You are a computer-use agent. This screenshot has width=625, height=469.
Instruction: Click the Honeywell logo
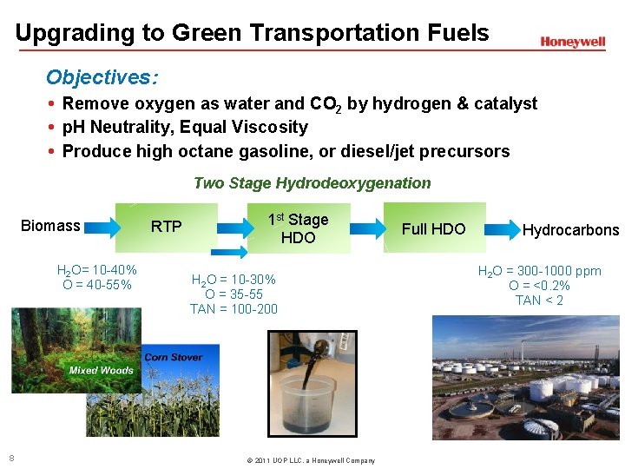pyautogui.click(x=572, y=42)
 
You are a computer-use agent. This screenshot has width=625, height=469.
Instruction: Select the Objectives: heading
pyautogui.click(x=102, y=77)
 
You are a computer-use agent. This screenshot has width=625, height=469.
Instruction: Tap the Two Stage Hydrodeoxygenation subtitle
pyautogui.click(x=312, y=182)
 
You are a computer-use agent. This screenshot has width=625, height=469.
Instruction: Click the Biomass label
pyautogui.click(x=50, y=226)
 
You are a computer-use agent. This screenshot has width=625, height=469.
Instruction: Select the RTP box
pyautogui.click(x=168, y=228)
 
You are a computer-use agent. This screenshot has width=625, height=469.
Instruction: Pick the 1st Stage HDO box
pyautogui.click(x=298, y=228)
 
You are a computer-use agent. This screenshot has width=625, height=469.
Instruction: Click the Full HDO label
pyautogui.click(x=433, y=229)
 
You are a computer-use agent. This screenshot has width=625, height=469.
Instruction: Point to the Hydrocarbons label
pyautogui.click(x=570, y=230)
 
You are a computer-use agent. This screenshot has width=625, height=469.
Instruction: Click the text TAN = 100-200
pyautogui.click(x=234, y=308)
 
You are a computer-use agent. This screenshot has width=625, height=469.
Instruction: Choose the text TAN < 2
pyautogui.click(x=539, y=301)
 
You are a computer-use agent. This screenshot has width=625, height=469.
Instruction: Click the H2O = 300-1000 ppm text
pyautogui.click(x=539, y=271)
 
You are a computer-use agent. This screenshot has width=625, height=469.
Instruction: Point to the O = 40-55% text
pyautogui.click(x=97, y=284)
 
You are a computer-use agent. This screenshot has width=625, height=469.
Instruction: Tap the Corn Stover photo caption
pyautogui.click(x=174, y=357)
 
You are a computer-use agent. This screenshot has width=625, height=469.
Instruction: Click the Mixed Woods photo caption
pyautogui.click(x=101, y=370)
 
